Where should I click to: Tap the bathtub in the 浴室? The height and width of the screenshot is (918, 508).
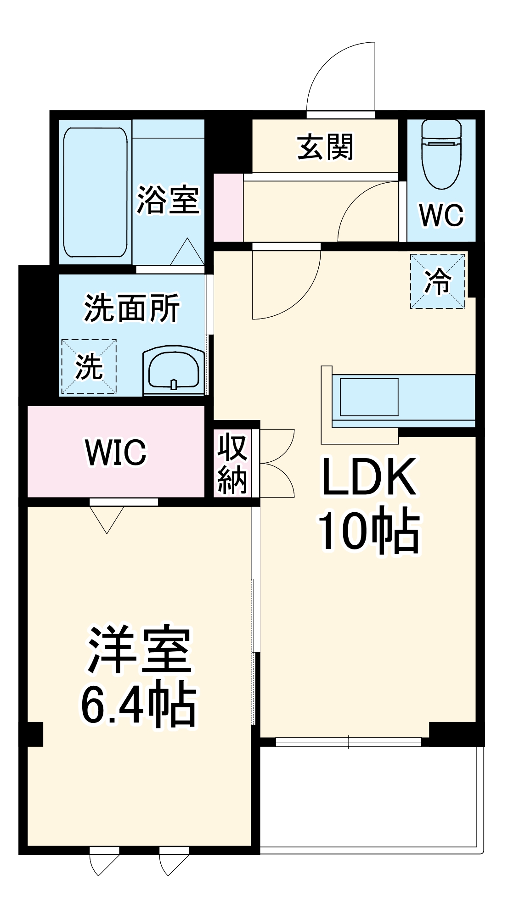(95, 192)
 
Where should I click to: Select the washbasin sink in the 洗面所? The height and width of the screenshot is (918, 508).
(174, 371)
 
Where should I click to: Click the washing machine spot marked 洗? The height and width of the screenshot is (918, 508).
(89, 366)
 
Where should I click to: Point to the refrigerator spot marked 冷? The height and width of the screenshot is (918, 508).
(437, 281)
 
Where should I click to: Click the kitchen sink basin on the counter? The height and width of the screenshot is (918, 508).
(369, 397)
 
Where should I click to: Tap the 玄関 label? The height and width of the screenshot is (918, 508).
(325, 147)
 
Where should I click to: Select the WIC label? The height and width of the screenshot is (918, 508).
(116, 453)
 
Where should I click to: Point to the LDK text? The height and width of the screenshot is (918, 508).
(369, 477)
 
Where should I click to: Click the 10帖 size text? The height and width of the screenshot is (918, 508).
(368, 532)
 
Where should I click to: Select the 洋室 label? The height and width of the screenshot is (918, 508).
(139, 649)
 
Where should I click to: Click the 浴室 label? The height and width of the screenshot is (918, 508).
(168, 200)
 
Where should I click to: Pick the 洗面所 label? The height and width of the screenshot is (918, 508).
(132, 308)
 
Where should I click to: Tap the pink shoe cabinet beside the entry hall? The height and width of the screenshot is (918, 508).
(228, 207)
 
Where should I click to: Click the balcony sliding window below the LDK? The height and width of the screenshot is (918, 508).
(348, 742)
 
